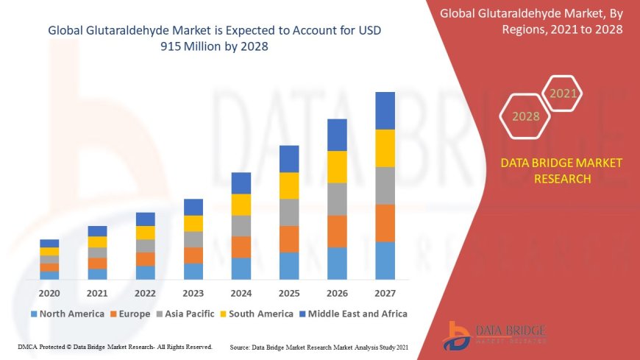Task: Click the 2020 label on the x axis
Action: pos(49,293)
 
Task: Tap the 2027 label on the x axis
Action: pos(385,293)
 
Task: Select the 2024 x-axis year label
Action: pos(241,293)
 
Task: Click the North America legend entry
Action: pos(67,314)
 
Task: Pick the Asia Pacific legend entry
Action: pos(187,314)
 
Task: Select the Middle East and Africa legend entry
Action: pos(352,314)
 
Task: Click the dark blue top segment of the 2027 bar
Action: pos(385,110)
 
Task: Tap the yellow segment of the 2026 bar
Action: pos(337,166)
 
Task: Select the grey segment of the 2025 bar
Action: pos(289,212)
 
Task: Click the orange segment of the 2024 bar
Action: pos(241,247)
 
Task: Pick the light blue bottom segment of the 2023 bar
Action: pos(193,271)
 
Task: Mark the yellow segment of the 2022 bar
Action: pos(146,233)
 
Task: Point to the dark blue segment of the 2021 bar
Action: pos(97,231)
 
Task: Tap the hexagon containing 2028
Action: pos(525,116)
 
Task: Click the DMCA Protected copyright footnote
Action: pos(115,346)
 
